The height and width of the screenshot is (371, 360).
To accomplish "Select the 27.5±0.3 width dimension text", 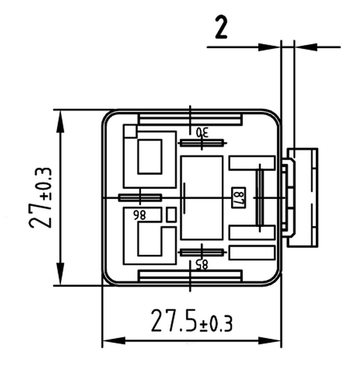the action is (192, 321).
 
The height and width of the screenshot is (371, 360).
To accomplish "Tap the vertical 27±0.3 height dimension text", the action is (40, 198).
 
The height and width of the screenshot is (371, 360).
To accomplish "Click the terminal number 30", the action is (202, 132).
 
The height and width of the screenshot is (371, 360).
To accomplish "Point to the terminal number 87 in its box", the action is (239, 198).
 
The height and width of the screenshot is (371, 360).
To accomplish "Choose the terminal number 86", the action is (140, 215).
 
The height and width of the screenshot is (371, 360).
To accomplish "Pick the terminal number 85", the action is (202, 264).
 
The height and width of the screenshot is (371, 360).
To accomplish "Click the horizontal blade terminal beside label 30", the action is (202, 143).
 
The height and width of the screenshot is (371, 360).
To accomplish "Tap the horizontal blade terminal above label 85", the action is (202, 252).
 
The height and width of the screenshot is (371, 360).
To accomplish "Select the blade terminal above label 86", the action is (140, 198).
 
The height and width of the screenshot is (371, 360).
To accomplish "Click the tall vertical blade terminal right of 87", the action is (260, 198).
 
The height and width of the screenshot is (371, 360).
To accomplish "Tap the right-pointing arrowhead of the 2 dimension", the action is (269, 47).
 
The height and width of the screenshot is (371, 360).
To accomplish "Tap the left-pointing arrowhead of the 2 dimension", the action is (306, 46).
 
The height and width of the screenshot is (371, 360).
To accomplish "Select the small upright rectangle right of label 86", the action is (171, 215).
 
